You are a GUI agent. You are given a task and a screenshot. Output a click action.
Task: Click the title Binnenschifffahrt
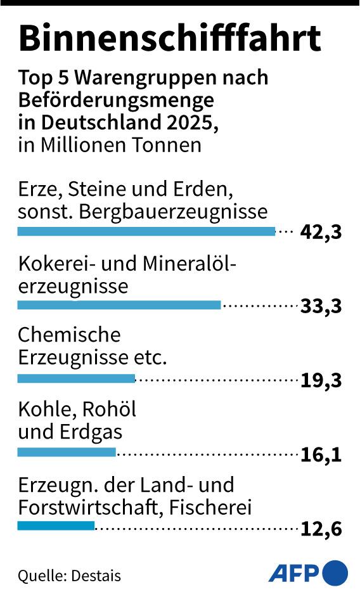click(x=170, y=38)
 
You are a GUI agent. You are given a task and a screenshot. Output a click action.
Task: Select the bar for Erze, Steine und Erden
click(x=146, y=231)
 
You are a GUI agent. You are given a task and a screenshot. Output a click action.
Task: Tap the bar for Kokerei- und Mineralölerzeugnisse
click(x=119, y=305)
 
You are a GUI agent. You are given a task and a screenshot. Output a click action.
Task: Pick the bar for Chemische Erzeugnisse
click(x=77, y=378)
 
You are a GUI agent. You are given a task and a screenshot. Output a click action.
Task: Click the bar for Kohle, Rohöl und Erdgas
click(x=67, y=453)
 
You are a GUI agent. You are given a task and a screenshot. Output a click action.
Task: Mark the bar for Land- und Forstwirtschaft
click(x=56, y=526)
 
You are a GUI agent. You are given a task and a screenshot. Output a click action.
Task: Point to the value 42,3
click(x=321, y=232)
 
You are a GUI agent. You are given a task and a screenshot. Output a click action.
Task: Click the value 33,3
click(x=321, y=306)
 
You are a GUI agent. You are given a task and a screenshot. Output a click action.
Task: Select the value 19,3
click(x=321, y=380)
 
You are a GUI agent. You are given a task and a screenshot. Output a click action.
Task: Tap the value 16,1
click(x=321, y=454)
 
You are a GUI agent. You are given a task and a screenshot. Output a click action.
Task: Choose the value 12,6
click(x=321, y=529)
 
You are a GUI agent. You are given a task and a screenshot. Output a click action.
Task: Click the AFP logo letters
click(x=293, y=573)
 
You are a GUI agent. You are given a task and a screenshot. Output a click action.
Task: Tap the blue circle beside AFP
click(x=335, y=573)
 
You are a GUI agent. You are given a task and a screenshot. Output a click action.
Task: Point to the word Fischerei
click(x=210, y=507)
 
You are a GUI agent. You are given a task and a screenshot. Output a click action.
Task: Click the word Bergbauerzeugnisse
click(x=173, y=212)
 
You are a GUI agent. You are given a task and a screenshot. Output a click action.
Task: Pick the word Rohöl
click(x=109, y=409)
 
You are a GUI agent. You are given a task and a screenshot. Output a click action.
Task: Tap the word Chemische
click(x=69, y=335)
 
